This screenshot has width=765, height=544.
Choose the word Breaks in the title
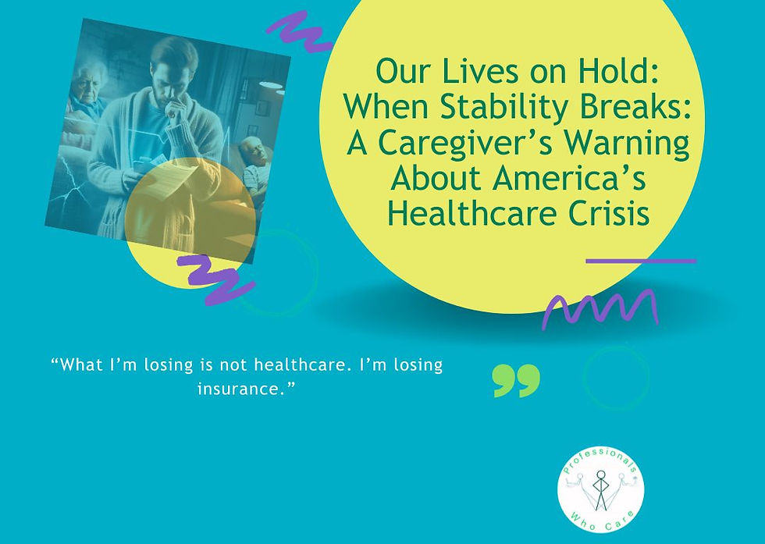click(x=646, y=108)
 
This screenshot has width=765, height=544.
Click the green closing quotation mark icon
click(x=516, y=380)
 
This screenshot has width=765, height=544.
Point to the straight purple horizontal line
click(x=640, y=261)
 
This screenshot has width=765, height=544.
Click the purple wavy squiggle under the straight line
click(x=600, y=307)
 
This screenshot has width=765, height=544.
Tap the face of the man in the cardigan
click(x=173, y=78)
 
